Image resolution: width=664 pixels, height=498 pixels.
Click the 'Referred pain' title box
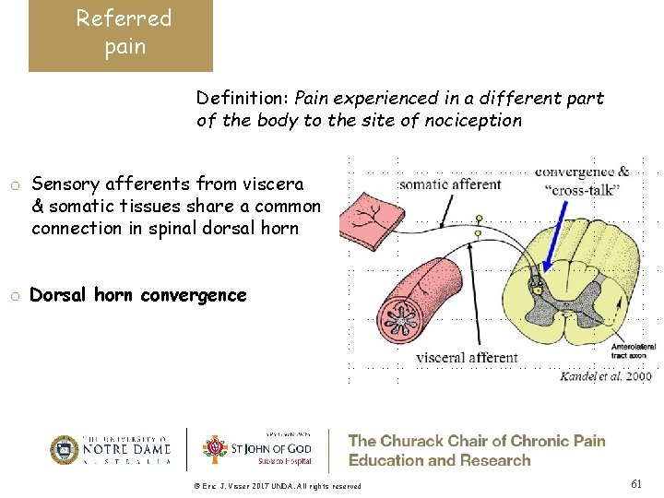click(121, 34)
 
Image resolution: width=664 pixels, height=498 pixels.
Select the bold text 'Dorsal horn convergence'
click(138, 295)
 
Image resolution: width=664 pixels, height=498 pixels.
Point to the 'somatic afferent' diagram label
click(451, 184)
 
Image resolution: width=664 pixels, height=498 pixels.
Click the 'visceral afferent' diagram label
click(466, 358)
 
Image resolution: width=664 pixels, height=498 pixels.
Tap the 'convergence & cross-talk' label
click(582, 179)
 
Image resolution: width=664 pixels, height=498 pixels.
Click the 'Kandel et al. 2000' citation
click(606, 375)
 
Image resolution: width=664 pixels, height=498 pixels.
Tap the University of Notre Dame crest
click(65, 450)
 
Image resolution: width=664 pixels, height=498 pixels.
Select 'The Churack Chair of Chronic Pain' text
click(476, 441)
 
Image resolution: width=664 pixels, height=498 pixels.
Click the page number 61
click(635, 483)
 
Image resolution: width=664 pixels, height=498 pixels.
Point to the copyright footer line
click(277, 486)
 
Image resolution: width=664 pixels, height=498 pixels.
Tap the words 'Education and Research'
click(439, 460)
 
